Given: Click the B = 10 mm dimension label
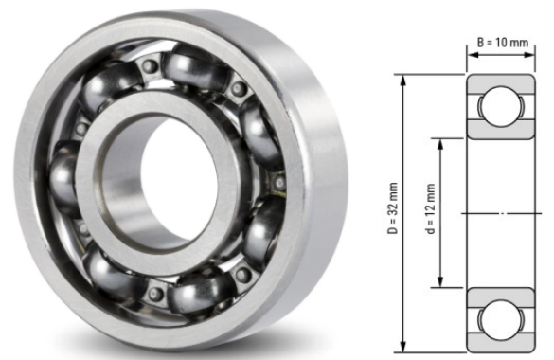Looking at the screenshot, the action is point(503,43).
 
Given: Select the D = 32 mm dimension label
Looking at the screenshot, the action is point(392,208).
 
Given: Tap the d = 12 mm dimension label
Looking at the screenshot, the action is point(430,208).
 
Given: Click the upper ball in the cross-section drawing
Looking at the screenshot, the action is point(501,106).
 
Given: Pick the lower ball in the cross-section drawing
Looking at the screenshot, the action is point(501,320).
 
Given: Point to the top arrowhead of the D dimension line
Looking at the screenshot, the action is point(403,81).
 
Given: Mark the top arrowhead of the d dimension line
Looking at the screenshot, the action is point(440,145).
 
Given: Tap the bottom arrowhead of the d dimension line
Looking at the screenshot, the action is point(440,281).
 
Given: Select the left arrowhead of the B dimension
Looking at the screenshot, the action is point(473,55).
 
